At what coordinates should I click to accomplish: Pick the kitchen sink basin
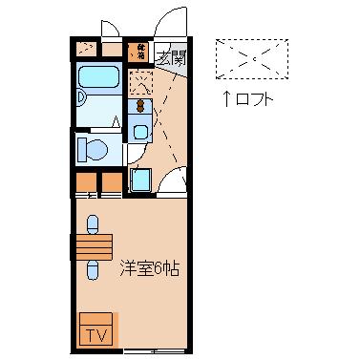(141, 132)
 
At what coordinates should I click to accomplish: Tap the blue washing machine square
(141, 180)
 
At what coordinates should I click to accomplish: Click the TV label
(97, 334)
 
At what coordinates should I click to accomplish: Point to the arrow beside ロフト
(226, 96)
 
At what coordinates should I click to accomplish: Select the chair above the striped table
(93, 224)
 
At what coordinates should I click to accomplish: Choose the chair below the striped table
(93, 270)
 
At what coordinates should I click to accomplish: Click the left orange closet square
(86, 181)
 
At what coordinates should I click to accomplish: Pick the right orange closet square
(112, 181)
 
